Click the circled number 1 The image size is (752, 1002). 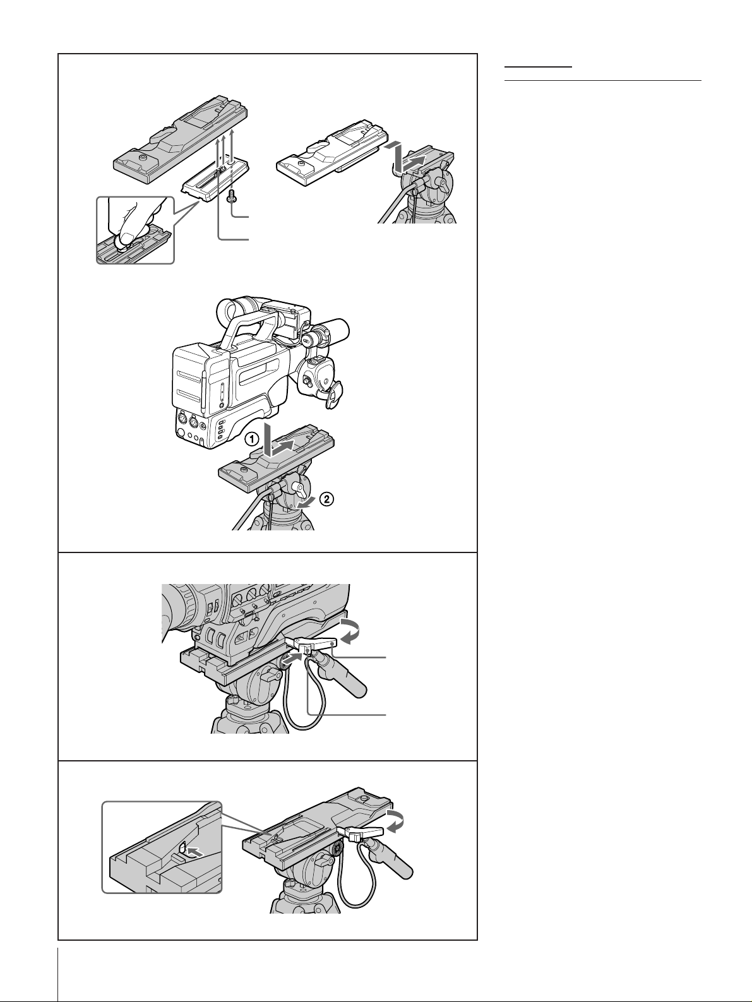pyautogui.click(x=251, y=439)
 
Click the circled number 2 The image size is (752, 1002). pyautogui.click(x=326, y=499)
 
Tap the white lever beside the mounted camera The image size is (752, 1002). pyautogui.click(x=313, y=644)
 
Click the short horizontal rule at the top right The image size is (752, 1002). pyautogui.click(x=538, y=67)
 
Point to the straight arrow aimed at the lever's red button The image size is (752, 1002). pyautogui.click(x=292, y=660)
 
